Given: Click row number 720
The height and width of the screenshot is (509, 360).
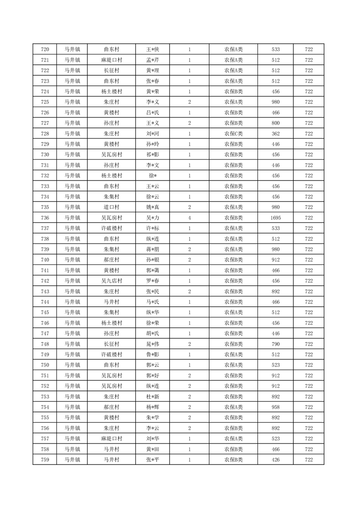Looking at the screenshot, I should tap(45, 49).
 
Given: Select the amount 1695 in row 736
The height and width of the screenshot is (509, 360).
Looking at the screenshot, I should tap(276, 218).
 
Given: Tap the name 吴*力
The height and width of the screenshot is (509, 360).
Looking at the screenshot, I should tap(153, 218).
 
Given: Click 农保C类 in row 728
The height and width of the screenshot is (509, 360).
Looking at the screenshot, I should tap(233, 134).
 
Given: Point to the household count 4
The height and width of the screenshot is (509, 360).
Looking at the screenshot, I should tap(189, 218).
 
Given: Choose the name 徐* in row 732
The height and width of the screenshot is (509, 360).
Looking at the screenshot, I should tap(153, 176).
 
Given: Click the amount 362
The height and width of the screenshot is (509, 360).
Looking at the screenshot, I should tap(276, 134).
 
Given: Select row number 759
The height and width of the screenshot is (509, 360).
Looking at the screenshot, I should tap(45, 460).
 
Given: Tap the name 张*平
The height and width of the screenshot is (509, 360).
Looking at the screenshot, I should tap(153, 460).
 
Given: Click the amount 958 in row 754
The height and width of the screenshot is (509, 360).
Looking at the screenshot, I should tap(276, 407).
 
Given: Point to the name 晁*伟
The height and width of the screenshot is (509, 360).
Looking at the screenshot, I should tap(153, 344).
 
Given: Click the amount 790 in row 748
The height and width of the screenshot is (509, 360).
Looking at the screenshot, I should tap(276, 344).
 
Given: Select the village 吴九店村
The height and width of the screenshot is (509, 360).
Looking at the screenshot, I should tap(111, 281).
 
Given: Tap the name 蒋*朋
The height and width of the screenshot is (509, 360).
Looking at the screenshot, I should tap(153, 249).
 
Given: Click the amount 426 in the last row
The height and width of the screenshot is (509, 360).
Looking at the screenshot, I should tap(276, 460).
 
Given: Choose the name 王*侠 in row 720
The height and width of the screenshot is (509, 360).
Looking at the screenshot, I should tap(153, 49).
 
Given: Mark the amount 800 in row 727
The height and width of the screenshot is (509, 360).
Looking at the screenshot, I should tap(276, 123).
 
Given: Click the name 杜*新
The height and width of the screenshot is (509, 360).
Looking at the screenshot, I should tap(153, 396).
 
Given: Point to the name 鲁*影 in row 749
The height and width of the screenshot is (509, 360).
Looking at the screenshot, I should tap(153, 354).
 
